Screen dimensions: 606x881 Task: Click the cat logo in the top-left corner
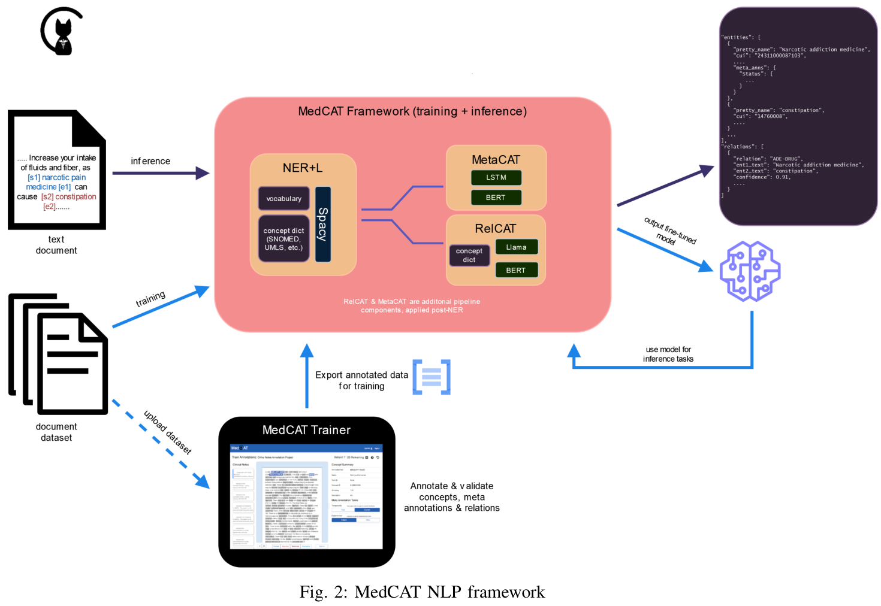62,32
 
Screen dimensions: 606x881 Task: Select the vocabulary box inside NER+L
283,199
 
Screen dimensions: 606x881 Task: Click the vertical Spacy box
323,225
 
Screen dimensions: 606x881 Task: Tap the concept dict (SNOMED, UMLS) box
283,239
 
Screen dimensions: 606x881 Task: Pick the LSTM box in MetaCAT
496,178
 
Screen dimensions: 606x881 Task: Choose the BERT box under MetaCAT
496,198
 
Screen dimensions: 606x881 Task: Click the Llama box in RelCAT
516,247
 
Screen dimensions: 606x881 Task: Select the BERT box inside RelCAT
516,270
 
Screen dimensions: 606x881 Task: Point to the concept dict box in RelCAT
469,256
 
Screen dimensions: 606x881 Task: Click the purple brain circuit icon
750,271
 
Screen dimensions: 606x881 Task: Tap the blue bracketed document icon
432,377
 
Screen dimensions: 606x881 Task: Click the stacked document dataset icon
58,354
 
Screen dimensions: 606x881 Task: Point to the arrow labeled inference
161,173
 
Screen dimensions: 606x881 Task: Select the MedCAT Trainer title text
306,430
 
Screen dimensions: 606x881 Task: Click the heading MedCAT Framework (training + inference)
412,111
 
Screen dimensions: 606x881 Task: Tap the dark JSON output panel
798,116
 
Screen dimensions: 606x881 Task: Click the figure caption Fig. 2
422,592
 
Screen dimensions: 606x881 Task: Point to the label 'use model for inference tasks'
668,354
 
